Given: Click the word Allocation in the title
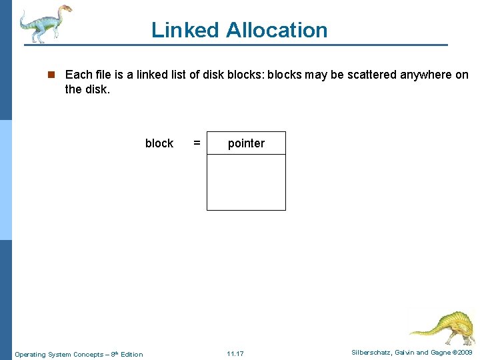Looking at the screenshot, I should click(277, 30).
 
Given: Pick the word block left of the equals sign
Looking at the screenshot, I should click(159, 143).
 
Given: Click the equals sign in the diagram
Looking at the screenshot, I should click(197, 143).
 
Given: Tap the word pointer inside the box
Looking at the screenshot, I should click(246, 143).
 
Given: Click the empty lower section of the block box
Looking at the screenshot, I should click(246, 182).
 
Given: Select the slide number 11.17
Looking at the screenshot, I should click(235, 353).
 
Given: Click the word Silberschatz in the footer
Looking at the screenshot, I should click(373, 352).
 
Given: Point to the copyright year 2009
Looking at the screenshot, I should click(464, 352).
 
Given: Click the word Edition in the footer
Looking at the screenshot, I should click(131, 354).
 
